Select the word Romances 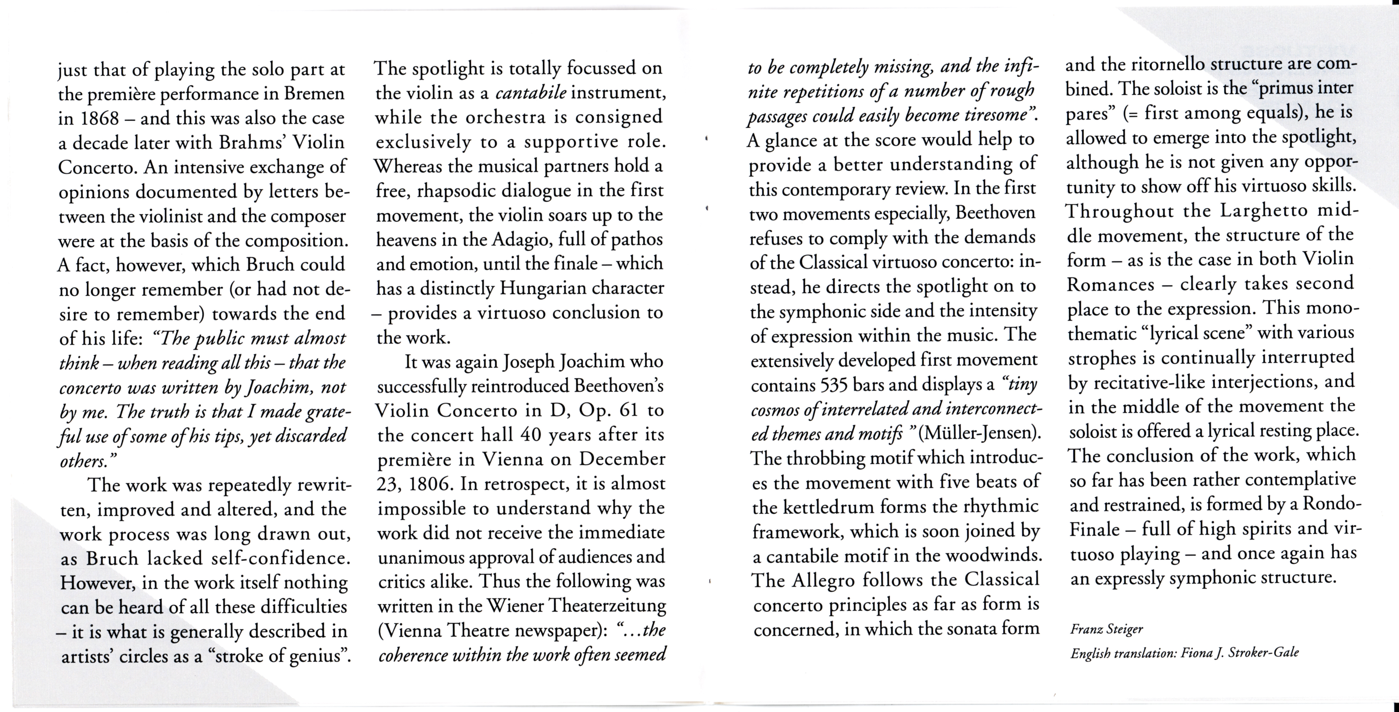[x=1111, y=285]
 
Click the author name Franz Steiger [x=1106, y=629]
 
